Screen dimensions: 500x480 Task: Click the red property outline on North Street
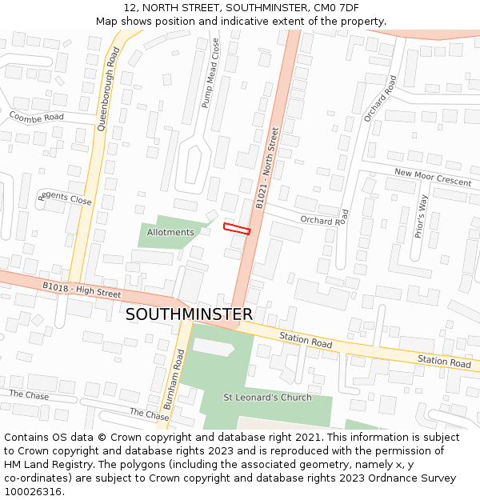[x=237, y=229]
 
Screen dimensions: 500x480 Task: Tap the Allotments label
[x=170, y=232]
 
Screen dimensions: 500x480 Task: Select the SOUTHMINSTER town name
[x=189, y=314]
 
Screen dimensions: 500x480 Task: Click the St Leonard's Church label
[x=267, y=398]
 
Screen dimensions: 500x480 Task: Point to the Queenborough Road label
[x=108, y=89]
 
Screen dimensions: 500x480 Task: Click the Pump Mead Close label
[x=210, y=73]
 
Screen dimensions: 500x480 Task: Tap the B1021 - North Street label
[x=267, y=169]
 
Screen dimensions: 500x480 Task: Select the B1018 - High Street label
[x=82, y=289]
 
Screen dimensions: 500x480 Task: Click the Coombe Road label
[x=36, y=117]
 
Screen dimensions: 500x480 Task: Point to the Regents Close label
[x=66, y=198]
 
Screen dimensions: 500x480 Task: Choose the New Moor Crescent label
[x=433, y=177]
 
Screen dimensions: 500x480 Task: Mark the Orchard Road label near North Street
[x=325, y=218]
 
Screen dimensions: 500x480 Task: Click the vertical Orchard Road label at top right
[x=380, y=98]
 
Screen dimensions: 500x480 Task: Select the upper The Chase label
[x=29, y=395]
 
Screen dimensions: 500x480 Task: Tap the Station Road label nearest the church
[x=306, y=342]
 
